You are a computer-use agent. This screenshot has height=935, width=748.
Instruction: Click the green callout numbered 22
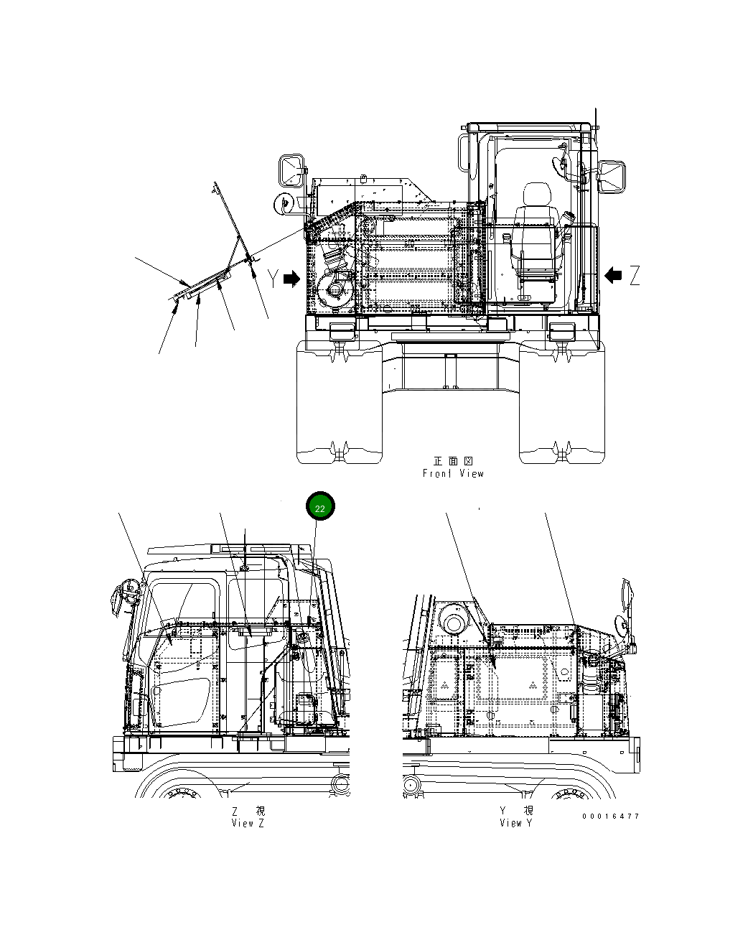pyautogui.click(x=320, y=508)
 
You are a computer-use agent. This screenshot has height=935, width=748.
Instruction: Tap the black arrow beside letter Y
pyautogui.click(x=291, y=279)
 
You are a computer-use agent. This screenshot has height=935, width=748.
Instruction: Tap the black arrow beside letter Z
pyautogui.click(x=613, y=274)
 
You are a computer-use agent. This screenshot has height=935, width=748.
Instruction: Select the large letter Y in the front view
pyautogui.click(x=274, y=279)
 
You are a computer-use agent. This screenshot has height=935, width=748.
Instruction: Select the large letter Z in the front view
pyautogui.click(x=635, y=275)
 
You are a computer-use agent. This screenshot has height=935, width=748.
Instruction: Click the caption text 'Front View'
pyautogui.click(x=453, y=473)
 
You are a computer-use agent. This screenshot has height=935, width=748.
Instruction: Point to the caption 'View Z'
pyautogui.click(x=248, y=823)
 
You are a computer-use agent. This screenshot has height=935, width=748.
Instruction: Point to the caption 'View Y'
pyautogui.click(x=516, y=823)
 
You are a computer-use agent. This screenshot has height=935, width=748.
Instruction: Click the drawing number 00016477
pyautogui.click(x=611, y=816)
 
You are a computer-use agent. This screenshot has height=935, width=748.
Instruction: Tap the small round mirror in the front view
pyautogui.click(x=281, y=203)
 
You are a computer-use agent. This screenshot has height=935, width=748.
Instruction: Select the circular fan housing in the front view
pyautogui.click(x=335, y=291)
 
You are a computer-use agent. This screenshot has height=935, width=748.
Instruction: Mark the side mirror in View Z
pyautogui.click(x=119, y=598)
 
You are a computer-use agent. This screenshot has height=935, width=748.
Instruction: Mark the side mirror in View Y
pyautogui.click(x=627, y=603)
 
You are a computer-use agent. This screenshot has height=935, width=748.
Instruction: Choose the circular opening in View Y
pyautogui.click(x=454, y=620)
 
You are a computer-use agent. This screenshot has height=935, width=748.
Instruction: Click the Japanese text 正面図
pyautogui.click(x=453, y=461)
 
